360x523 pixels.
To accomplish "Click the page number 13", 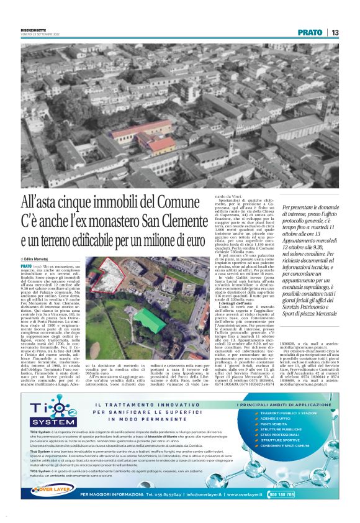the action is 336,32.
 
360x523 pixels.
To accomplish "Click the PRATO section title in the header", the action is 310,32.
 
